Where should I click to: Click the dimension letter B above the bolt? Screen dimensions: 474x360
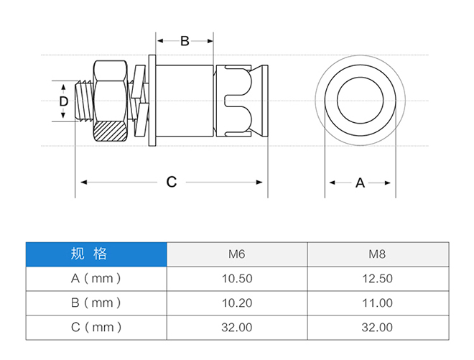point(185,41)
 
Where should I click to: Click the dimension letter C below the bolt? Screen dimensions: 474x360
point(172,182)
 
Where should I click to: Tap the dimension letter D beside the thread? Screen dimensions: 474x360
point(63,101)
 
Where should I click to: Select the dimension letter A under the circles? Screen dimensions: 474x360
point(360,183)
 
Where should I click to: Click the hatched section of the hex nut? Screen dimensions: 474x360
point(110,131)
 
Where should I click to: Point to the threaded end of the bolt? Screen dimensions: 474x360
point(84,101)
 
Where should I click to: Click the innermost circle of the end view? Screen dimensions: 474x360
point(360,77)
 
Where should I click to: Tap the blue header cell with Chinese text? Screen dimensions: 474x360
point(96,254)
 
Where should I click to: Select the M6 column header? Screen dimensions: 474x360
point(237,254)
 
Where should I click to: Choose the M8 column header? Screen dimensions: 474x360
point(377,254)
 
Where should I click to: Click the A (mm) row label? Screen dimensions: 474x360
point(96,278)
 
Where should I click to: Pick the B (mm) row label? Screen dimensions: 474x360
point(96,303)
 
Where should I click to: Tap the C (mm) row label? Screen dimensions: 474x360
point(96,328)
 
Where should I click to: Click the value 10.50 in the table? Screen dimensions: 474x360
point(237,279)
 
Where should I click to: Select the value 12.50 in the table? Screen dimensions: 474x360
point(377,279)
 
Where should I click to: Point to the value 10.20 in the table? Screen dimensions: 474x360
point(237,303)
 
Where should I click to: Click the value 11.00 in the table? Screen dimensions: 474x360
point(377,303)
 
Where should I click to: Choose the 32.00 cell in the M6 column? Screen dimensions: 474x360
point(237,328)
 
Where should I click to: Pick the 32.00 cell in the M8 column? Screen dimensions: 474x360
point(377,328)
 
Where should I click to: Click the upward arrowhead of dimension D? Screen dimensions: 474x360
point(63,87)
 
